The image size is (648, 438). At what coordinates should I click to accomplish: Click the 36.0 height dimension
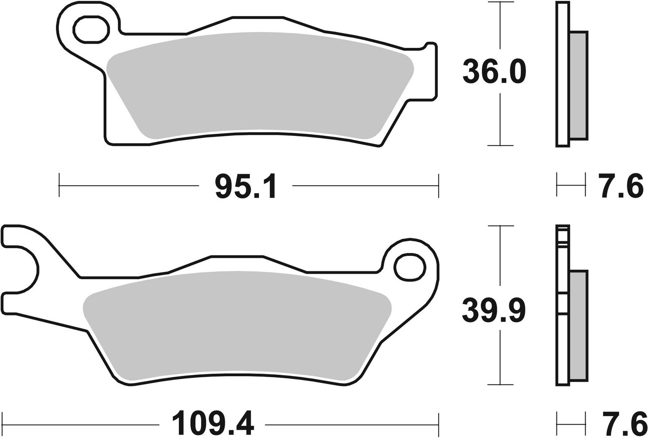tap(494, 72)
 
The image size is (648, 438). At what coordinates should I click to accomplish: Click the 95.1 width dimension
tap(246, 186)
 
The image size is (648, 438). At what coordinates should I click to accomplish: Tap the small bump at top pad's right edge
tap(430, 44)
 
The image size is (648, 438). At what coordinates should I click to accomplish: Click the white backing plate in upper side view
tap(563, 75)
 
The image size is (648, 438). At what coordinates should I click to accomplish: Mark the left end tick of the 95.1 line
tap(59, 186)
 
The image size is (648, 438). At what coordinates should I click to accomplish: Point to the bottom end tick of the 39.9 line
tap(501, 385)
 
